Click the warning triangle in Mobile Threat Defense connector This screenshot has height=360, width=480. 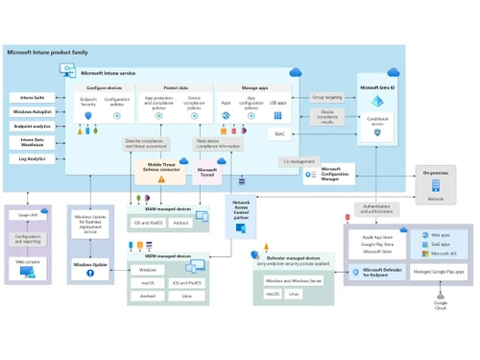coord(161,180)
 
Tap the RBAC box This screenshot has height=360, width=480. coord(279,133)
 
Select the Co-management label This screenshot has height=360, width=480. coord(299,162)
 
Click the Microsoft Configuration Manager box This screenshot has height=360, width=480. coord(331,174)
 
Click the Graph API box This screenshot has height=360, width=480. coord(27,215)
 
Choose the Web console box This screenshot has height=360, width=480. coord(27,261)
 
